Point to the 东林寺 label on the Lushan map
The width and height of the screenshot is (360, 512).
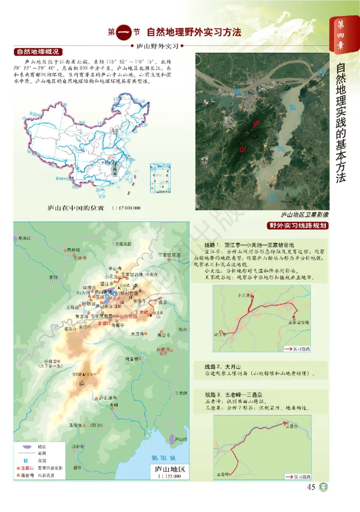coord(72,258)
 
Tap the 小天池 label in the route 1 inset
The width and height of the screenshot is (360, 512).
coord(243,295)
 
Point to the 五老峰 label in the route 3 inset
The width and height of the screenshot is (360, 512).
coord(224,474)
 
